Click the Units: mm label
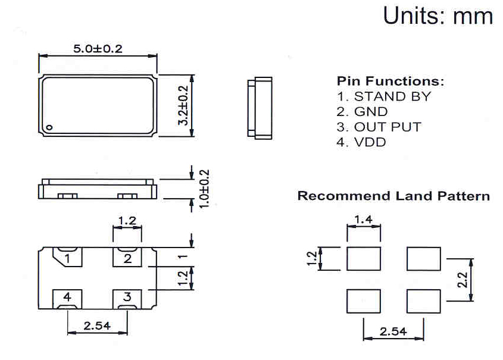pos(438,15)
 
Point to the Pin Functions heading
pos(390,81)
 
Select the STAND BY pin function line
pos(383,96)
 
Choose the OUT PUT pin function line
pos(379,127)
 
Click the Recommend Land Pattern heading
pos(393,196)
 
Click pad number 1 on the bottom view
pos(67,258)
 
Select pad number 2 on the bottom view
pos(127,258)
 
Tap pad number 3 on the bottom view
pos(127,297)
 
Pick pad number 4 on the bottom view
pos(67,297)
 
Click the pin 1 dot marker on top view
pos(51,127)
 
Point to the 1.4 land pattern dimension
pos(363,220)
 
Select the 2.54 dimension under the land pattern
pos(393,331)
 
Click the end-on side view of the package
pos(260,108)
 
